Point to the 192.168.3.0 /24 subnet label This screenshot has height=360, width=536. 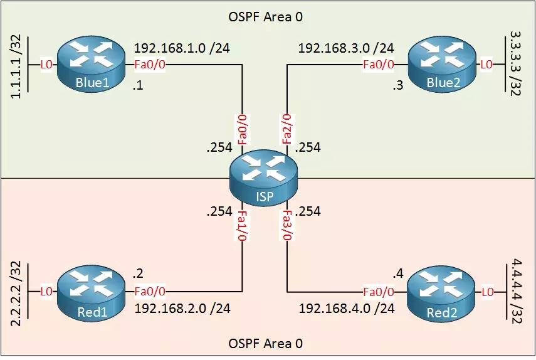pos(345,48)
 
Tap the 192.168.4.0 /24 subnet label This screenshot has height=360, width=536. pos(346,308)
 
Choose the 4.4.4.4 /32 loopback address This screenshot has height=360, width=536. pos(516,288)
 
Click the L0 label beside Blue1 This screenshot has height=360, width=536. pos(46,64)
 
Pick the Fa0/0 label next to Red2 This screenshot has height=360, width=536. pos(379,292)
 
